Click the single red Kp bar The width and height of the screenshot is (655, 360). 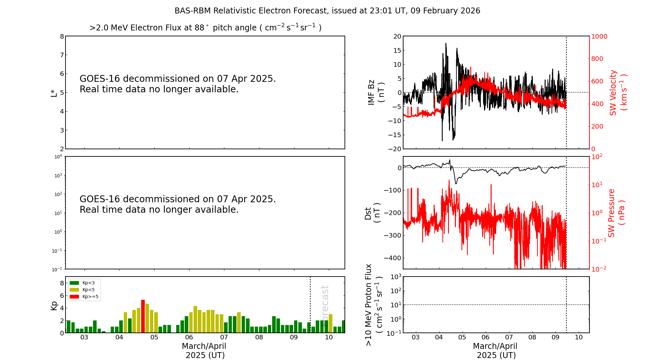(143, 316)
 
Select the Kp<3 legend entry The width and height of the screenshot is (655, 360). (84, 283)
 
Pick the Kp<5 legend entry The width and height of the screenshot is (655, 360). (84, 290)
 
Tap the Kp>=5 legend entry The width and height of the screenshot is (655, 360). (84, 297)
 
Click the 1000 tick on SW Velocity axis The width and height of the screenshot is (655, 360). (599, 36)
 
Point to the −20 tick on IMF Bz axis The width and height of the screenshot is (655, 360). (395, 149)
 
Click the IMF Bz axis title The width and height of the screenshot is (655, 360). (376, 92)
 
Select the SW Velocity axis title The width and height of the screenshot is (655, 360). (618, 92)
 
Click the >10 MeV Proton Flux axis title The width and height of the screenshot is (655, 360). (373, 305)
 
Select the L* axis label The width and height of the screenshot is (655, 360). (54, 93)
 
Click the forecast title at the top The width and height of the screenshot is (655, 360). (327, 11)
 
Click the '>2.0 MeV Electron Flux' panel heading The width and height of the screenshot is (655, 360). (205, 27)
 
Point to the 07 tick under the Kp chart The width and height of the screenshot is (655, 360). (224, 337)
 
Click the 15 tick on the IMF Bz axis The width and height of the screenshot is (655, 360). (397, 50)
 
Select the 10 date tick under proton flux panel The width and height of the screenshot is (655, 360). (579, 337)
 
